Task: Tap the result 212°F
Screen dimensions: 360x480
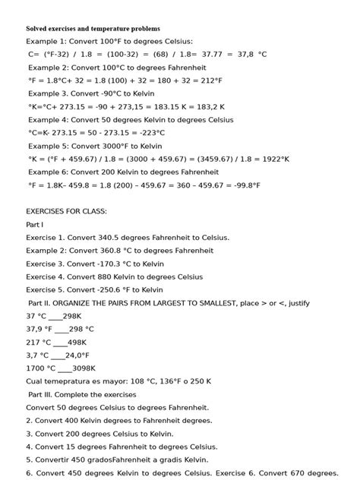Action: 209,81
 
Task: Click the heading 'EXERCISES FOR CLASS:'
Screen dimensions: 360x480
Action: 67,211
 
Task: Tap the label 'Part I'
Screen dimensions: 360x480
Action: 35,224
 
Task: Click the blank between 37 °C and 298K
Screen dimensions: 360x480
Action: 55,317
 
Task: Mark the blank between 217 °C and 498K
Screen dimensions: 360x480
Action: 59,343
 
